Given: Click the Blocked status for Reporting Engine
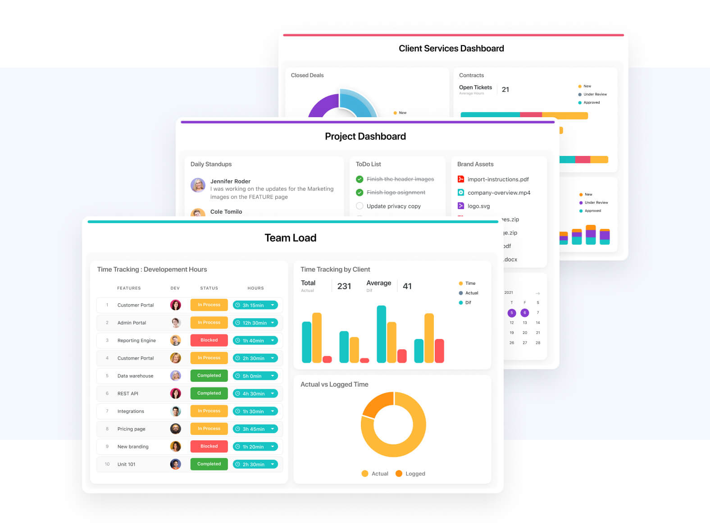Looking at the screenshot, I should pyautogui.click(x=209, y=340).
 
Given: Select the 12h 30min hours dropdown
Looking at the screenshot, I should pyautogui.click(x=255, y=323).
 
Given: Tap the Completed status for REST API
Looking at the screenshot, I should pyautogui.click(x=209, y=393).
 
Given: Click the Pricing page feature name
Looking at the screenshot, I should pyautogui.click(x=131, y=429).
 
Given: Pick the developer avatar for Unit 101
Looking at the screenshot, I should pyautogui.click(x=176, y=464).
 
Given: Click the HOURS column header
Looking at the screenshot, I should pyautogui.click(x=255, y=288).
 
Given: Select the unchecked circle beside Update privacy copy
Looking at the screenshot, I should pyautogui.click(x=360, y=206).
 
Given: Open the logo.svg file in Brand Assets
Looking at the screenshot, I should pyautogui.click(x=478, y=206).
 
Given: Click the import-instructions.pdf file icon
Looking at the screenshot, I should pyautogui.click(x=461, y=179).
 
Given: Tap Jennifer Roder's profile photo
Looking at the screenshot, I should pyautogui.click(x=198, y=185).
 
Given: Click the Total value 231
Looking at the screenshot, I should pyautogui.click(x=344, y=286).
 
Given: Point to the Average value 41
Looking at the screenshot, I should pyautogui.click(x=407, y=286).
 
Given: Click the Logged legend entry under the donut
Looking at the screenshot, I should pyautogui.click(x=410, y=474).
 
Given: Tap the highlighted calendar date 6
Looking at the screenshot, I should pyautogui.click(x=524, y=313).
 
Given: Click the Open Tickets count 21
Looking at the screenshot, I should pyautogui.click(x=505, y=90).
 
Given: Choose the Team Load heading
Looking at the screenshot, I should pyautogui.click(x=291, y=238).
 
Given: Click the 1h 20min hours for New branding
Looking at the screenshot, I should pyautogui.click(x=255, y=447).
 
